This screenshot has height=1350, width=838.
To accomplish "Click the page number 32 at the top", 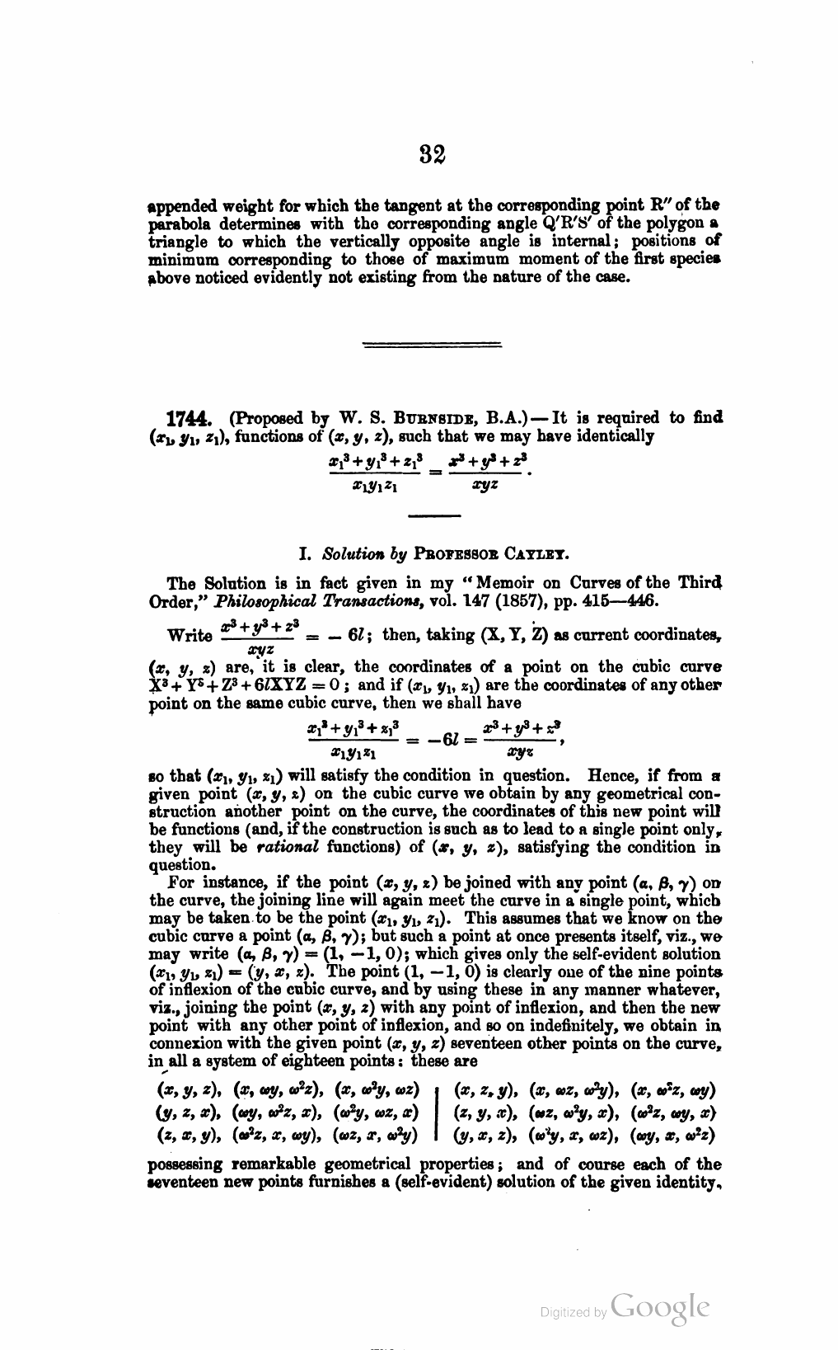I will point(433,155).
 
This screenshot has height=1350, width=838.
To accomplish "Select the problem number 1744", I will point(193,418).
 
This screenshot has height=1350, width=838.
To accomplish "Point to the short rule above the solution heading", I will point(434,516).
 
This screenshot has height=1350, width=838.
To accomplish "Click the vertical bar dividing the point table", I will point(435,1111).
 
